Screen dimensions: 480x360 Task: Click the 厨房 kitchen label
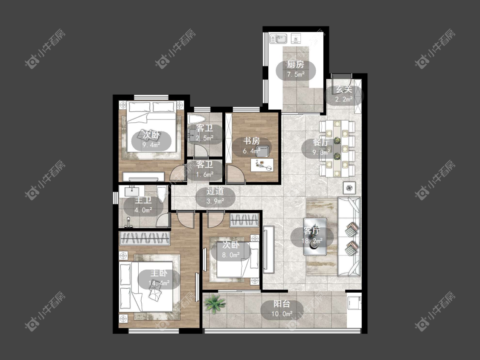[295, 64]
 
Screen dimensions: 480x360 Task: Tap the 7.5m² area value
[296, 74]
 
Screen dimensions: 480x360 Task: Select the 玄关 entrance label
[344, 90]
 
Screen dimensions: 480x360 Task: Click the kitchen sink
[278, 39]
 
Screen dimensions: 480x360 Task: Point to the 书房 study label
[252, 141]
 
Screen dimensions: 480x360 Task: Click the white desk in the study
[262, 165]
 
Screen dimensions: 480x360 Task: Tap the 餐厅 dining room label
[321, 142]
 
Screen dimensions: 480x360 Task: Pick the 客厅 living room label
[311, 231]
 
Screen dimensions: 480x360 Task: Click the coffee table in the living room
[315, 236]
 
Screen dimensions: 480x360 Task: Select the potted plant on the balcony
[214, 303]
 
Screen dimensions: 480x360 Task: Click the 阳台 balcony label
[282, 304]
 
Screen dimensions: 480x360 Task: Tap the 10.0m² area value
[282, 314]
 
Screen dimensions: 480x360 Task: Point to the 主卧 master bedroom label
[159, 273]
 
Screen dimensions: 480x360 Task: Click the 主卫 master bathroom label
[143, 200]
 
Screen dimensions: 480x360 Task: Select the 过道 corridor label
[215, 192]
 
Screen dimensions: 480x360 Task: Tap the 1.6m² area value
[205, 174]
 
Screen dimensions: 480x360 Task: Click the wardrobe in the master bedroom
[145, 238]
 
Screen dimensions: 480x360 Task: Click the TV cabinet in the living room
[268, 249]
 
